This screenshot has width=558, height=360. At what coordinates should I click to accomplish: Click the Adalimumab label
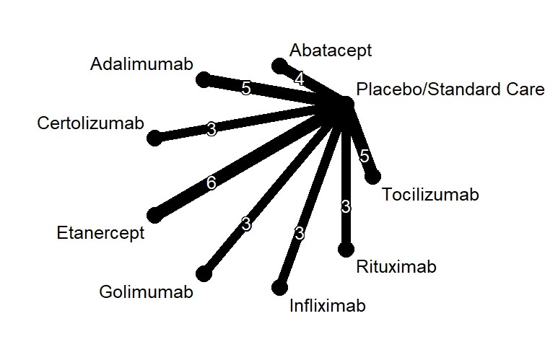click(x=141, y=64)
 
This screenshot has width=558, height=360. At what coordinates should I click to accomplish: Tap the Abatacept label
click(x=331, y=51)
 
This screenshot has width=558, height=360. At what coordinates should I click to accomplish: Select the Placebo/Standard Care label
click(x=450, y=90)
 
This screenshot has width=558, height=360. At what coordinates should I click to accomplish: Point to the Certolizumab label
click(x=91, y=123)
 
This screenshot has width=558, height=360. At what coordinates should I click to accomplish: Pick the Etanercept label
click(x=100, y=233)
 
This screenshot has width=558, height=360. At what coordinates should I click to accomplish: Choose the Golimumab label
click(x=146, y=292)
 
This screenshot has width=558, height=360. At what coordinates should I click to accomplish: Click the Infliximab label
click(x=327, y=306)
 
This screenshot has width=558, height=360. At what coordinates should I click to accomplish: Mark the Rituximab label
click(x=396, y=268)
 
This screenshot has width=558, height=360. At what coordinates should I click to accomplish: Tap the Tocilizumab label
click(x=430, y=195)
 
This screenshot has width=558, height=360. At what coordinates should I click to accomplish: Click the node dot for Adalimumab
click(x=204, y=78)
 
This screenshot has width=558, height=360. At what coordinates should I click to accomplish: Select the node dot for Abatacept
click(x=279, y=66)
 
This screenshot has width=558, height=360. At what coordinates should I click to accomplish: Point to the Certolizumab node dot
click(x=154, y=138)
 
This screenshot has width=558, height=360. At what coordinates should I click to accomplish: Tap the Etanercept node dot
click(x=154, y=214)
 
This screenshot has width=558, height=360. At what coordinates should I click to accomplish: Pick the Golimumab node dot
click(x=204, y=273)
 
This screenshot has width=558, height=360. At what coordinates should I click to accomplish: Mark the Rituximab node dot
click(x=346, y=250)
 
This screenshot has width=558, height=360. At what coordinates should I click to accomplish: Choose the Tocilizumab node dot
click(x=372, y=176)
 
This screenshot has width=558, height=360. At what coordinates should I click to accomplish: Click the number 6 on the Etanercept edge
click(x=211, y=183)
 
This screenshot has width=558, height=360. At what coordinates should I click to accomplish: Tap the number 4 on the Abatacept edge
click(x=300, y=79)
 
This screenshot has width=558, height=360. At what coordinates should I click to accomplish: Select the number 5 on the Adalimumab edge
click(x=246, y=88)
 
